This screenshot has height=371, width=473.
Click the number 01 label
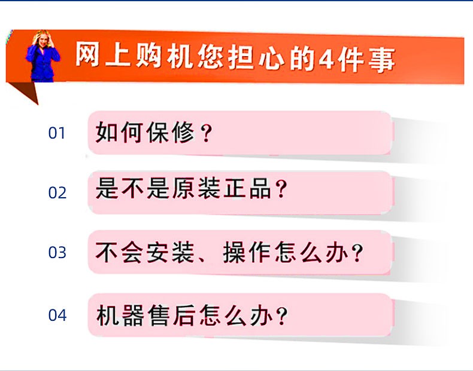tap(57, 133)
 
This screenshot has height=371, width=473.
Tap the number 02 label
tap(57, 192)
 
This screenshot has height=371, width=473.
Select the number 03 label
tap(57, 253)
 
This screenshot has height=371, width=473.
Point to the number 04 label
tap(57, 315)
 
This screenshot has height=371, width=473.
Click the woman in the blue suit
tap(43, 56)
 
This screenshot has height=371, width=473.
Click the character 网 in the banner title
tap(87, 54)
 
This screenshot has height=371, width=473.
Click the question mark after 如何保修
tap(207, 133)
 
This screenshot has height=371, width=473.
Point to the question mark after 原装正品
tap(281, 188)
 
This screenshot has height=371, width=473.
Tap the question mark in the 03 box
tap(357, 253)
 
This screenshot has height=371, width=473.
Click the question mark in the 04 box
tap(282, 316)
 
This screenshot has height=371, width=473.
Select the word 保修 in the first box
tap(171, 133)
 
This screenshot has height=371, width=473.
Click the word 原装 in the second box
tap(196, 188)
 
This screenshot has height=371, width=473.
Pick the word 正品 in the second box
tap(247, 188)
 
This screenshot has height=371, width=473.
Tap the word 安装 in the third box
tap(171, 252)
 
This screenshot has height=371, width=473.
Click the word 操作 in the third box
tap(247, 252)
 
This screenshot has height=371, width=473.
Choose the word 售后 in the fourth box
tap(171, 315)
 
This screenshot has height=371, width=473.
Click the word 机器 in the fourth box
tap(120, 315)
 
